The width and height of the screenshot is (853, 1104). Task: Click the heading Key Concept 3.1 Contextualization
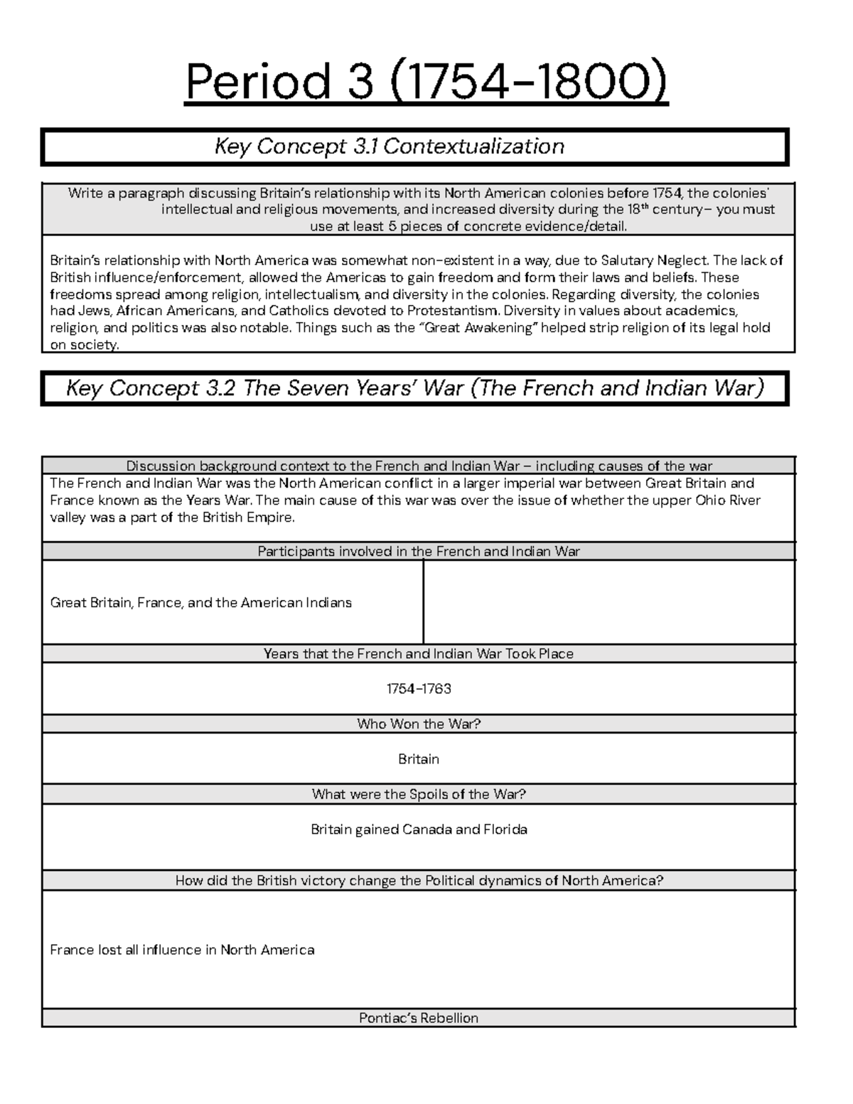tap(389, 146)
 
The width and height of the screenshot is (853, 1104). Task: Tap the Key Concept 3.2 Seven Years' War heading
tap(414, 388)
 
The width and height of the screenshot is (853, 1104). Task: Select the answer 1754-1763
tap(419, 689)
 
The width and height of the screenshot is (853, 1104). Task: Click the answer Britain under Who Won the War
tap(419, 759)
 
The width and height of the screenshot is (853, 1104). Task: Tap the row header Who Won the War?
tap(419, 724)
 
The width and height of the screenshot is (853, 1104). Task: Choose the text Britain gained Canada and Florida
tap(419, 830)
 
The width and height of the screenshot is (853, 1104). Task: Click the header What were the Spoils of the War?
tap(419, 794)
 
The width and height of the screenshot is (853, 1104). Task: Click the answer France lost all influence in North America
tap(182, 950)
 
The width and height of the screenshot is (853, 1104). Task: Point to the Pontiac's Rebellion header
tap(419, 1018)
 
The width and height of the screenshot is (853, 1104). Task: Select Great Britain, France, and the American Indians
tap(201, 603)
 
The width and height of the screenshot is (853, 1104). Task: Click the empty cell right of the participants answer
tap(608, 602)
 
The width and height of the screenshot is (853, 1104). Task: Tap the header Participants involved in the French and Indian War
tap(419, 551)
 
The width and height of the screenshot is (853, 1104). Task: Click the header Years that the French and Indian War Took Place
tap(419, 653)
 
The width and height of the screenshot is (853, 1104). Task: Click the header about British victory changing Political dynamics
tap(419, 880)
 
